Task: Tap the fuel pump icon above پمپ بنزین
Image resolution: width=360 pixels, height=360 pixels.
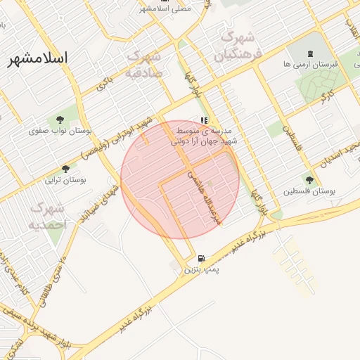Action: [202, 259]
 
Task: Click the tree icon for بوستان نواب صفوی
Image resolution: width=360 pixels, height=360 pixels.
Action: [58, 119]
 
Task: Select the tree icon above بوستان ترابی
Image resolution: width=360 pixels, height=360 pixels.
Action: [65, 168]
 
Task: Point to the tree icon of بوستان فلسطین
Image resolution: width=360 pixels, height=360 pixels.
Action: [309, 180]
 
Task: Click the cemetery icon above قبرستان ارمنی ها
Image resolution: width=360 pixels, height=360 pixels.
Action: [310, 53]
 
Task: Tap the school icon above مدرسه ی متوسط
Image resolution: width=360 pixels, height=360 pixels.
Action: [204, 120]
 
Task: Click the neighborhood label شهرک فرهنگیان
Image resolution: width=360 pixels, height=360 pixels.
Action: [240, 44]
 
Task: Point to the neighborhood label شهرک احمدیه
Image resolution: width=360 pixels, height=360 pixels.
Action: [48, 217]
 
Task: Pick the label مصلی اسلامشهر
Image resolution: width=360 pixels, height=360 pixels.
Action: [165, 8]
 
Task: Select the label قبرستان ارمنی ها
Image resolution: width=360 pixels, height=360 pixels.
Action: [310, 64]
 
